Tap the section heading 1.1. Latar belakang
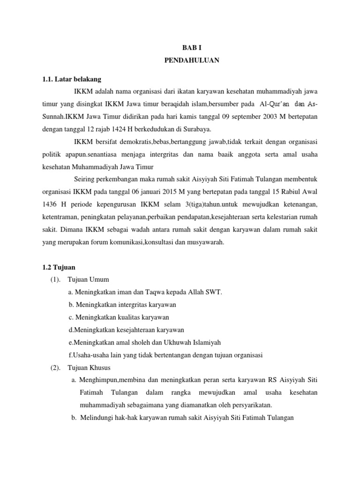[x=71, y=79]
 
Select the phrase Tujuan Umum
[x=88, y=280]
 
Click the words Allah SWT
[x=205, y=292]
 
